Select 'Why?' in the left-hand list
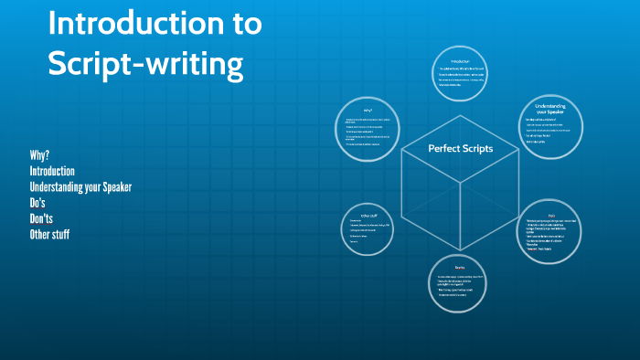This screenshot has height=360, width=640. tap(39, 154)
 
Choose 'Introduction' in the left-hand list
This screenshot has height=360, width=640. tap(52, 171)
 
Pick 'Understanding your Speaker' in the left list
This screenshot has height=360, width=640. tap(80, 186)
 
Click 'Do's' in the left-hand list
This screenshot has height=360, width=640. tap(37, 203)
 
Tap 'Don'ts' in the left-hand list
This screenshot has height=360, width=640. tap(42, 218)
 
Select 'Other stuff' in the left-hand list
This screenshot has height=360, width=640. tap(49, 235)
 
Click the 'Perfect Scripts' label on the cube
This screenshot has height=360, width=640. tap(460, 148)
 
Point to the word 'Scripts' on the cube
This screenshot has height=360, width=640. tap(475, 148)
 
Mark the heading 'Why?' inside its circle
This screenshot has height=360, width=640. tap(368, 111)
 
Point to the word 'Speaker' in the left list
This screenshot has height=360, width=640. tap(114, 186)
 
